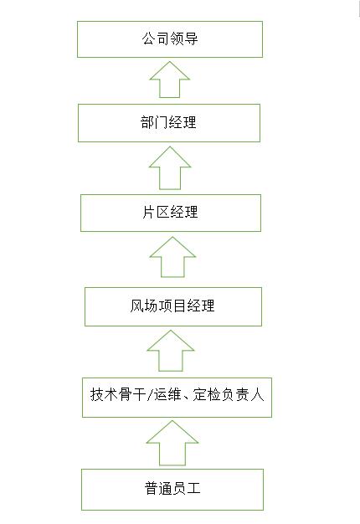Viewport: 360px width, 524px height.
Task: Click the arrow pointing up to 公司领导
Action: pyautogui.click(x=170, y=80)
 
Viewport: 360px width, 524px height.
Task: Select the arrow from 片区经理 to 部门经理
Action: pyautogui.click(x=170, y=168)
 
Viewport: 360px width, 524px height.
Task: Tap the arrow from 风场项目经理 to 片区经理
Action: pyautogui.click(x=172, y=257)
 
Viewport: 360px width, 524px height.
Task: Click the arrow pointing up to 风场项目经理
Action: pyautogui.click(x=171, y=351)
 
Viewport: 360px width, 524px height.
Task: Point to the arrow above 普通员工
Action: pyautogui.click(x=172, y=443)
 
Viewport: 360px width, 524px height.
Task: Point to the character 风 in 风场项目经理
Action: pyautogui.click(x=136, y=306)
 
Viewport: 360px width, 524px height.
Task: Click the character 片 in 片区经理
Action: pyautogui.click(x=149, y=213)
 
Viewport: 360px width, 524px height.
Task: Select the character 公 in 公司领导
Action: pyautogui.click(x=148, y=39)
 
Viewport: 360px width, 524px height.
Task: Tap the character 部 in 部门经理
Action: pyautogui.click(x=147, y=122)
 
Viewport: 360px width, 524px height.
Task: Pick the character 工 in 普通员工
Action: pyautogui.click(x=193, y=488)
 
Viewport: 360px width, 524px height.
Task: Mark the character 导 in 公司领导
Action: pyautogui.click(x=191, y=39)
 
